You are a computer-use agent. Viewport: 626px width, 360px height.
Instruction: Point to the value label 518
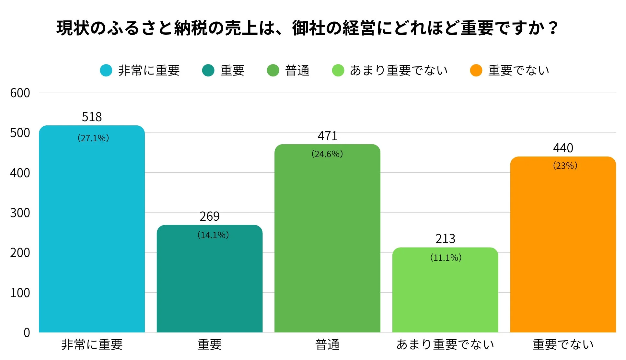pos(92,117)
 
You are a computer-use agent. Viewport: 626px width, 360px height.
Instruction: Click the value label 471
pos(328,136)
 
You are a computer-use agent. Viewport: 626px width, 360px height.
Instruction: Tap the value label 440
pos(563,148)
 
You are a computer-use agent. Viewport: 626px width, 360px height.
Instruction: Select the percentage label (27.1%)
pos(93,138)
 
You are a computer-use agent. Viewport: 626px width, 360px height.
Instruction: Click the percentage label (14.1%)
pos(213,235)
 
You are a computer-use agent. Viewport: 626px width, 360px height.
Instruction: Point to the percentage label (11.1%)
pos(446,258)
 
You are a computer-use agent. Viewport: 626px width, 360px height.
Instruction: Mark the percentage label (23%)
pos(565,166)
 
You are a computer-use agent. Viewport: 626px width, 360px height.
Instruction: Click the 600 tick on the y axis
pos(20,93)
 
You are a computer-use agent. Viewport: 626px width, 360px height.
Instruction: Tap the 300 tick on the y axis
pos(20,213)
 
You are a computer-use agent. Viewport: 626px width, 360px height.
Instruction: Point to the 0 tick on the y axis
pos(27,332)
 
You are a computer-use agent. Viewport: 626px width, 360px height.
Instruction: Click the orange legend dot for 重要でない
pos(476,70)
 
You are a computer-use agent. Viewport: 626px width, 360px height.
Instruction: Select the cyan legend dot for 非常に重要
pos(106,70)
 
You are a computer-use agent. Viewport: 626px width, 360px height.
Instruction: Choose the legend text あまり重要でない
pos(399,70)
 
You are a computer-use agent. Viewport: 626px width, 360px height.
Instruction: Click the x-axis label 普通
pos(327,344)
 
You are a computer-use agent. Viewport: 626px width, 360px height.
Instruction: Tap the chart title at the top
pos(307,28)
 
